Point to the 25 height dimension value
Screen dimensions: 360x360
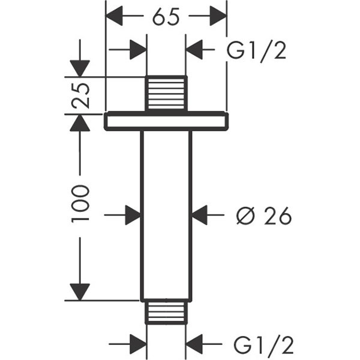(x=80, y=94)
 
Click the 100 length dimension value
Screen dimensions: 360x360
(x=80, y=203)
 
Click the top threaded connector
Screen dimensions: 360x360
(x=166, y=94)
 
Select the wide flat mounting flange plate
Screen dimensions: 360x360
(x=166, y=121)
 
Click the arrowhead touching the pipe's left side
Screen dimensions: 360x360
(x=133, y=214)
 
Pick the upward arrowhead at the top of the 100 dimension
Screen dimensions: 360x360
(x=80, y=122)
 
